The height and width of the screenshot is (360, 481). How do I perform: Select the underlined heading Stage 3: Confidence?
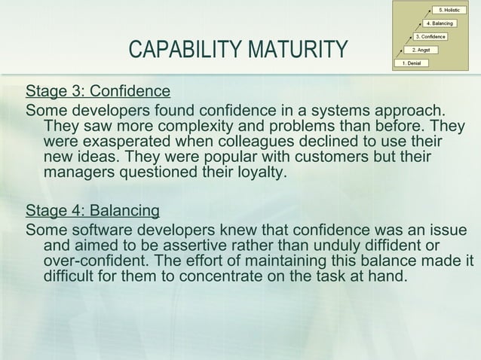point(98,92)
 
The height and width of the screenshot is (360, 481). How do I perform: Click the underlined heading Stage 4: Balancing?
point(92,209)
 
